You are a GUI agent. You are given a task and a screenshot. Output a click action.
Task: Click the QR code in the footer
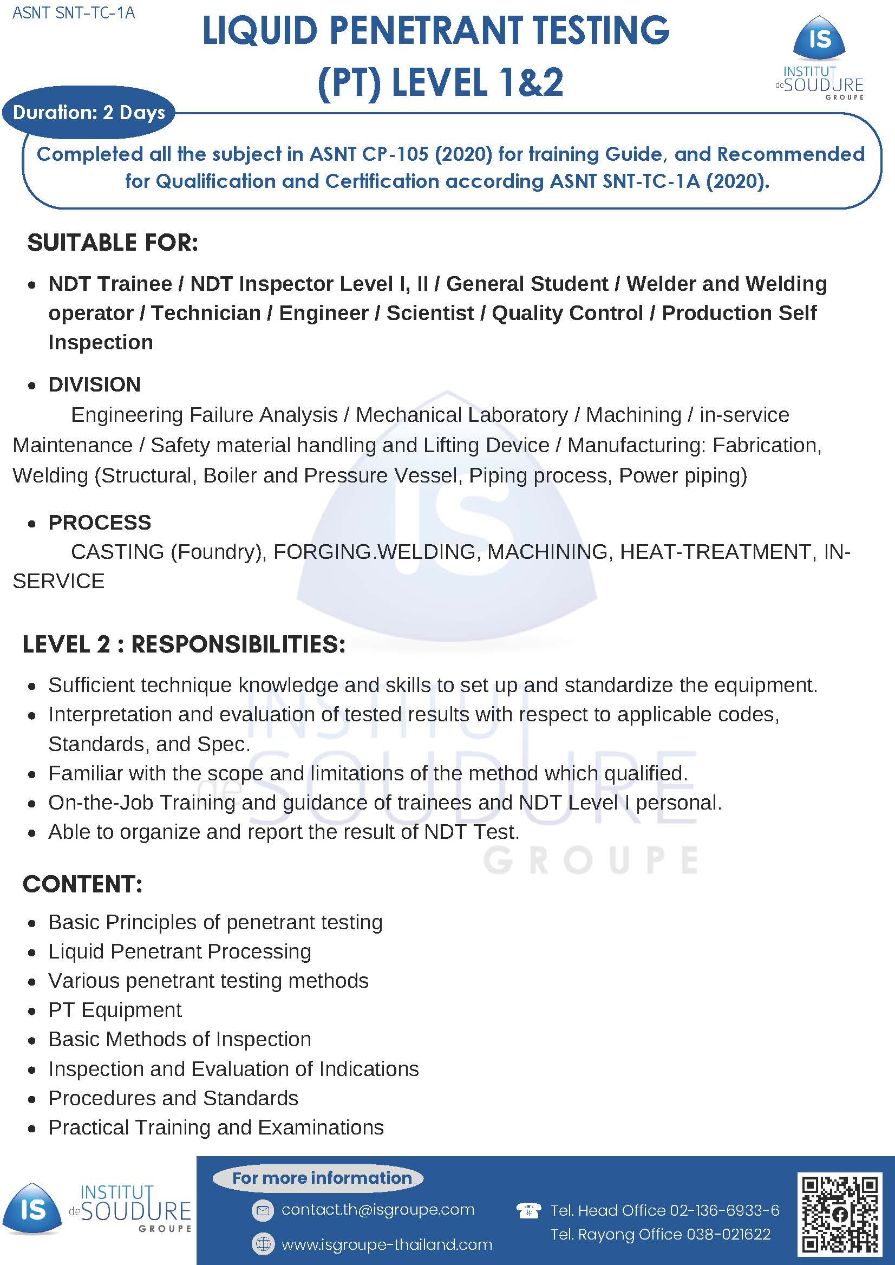(839, 1214)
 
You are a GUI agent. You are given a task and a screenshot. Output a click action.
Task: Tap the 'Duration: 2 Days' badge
(89, 113)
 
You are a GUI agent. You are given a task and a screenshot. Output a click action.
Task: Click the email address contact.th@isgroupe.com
(377, 1209)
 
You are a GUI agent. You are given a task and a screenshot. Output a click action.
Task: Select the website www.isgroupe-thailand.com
(387, 1244)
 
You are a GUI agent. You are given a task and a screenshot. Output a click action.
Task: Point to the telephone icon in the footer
(527, 1210)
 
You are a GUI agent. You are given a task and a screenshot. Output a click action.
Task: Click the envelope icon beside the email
(263, 1210)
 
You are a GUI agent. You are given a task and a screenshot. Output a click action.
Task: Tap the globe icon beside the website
(263, 1243)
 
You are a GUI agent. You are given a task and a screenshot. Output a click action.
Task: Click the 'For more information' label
(322, 1178)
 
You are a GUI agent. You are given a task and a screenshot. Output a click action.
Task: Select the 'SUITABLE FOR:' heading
(113, 243)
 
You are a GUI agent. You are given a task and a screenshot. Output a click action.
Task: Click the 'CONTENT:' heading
(83, 884)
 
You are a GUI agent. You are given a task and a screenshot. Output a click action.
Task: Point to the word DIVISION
(95, 384)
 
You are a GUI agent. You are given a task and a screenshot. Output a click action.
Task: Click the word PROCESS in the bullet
(100, 522)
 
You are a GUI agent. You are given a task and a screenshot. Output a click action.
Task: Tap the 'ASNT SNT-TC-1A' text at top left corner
(73, 12)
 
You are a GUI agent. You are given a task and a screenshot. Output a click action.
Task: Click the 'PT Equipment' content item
(115, 1010)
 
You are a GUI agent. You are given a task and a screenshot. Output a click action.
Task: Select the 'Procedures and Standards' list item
(173, 1098)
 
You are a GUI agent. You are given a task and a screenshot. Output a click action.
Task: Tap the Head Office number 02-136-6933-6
(724, 1210)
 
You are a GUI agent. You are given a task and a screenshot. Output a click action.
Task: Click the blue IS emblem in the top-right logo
(820, 38)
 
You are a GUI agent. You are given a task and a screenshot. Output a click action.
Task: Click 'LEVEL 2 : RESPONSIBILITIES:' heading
(184, 644)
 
